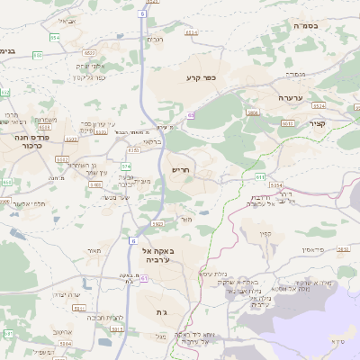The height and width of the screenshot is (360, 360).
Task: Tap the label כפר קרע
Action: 206,79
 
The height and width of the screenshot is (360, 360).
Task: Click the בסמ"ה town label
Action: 321,28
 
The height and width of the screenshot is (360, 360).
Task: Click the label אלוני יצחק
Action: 90,66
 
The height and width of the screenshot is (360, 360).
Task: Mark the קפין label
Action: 265,233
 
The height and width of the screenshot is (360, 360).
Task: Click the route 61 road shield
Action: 143,280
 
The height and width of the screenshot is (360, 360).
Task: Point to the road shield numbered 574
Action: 127,166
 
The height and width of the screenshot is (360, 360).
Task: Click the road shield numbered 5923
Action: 157,223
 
